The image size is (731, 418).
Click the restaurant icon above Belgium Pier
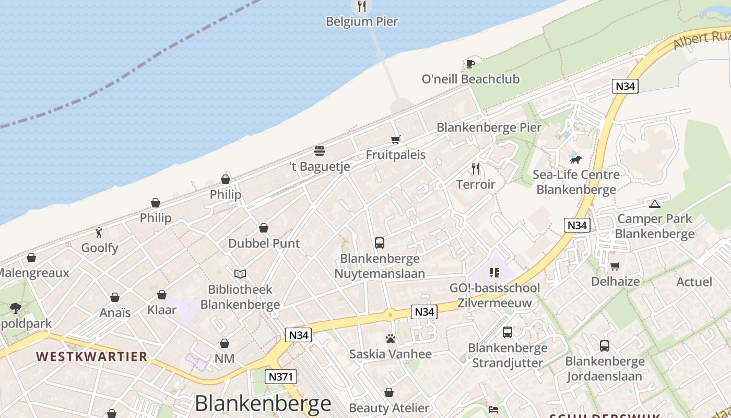pyautogui.click(x=361, y=6)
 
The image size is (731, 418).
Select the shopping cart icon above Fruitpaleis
pyautogui.click(x=395, y=140)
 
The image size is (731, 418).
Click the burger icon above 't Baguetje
pyautogui.click(x=320, y=151)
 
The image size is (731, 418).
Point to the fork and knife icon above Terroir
pyautogui.click(x=475, y=169)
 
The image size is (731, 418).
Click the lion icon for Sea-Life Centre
pyautogui.click(x=576, y=159)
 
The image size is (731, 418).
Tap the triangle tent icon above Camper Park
pyautogui.click(x=654, y=204)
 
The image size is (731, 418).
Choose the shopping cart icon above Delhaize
pyautogui.click(x=615, y=266)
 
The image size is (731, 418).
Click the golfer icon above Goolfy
pyautogui.click(x=99, y=233)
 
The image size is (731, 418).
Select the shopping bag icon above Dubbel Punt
pyautogui.click(x=264, y=228)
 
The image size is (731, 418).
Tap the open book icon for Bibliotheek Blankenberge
pyautogui.click(x=240, y=274)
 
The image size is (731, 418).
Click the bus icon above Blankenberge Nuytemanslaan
pyautogui.click(x=380, y=243)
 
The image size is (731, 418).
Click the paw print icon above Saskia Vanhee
pyautogui.click(x=391, y=339)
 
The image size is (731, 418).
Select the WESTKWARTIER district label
pyautogui.click(x=92, y=357)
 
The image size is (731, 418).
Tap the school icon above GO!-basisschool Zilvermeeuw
pyautogui.click(x=494, y=272)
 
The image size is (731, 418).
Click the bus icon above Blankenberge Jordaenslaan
pyautogui.click(x=605, y=346)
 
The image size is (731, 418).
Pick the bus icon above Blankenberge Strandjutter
pyautogui.click(x=508, y=332)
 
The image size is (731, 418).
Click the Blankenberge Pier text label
pyautogui.click(x=489, y=127)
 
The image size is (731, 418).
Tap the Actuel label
pyautogui.click(x=694, y=282)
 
